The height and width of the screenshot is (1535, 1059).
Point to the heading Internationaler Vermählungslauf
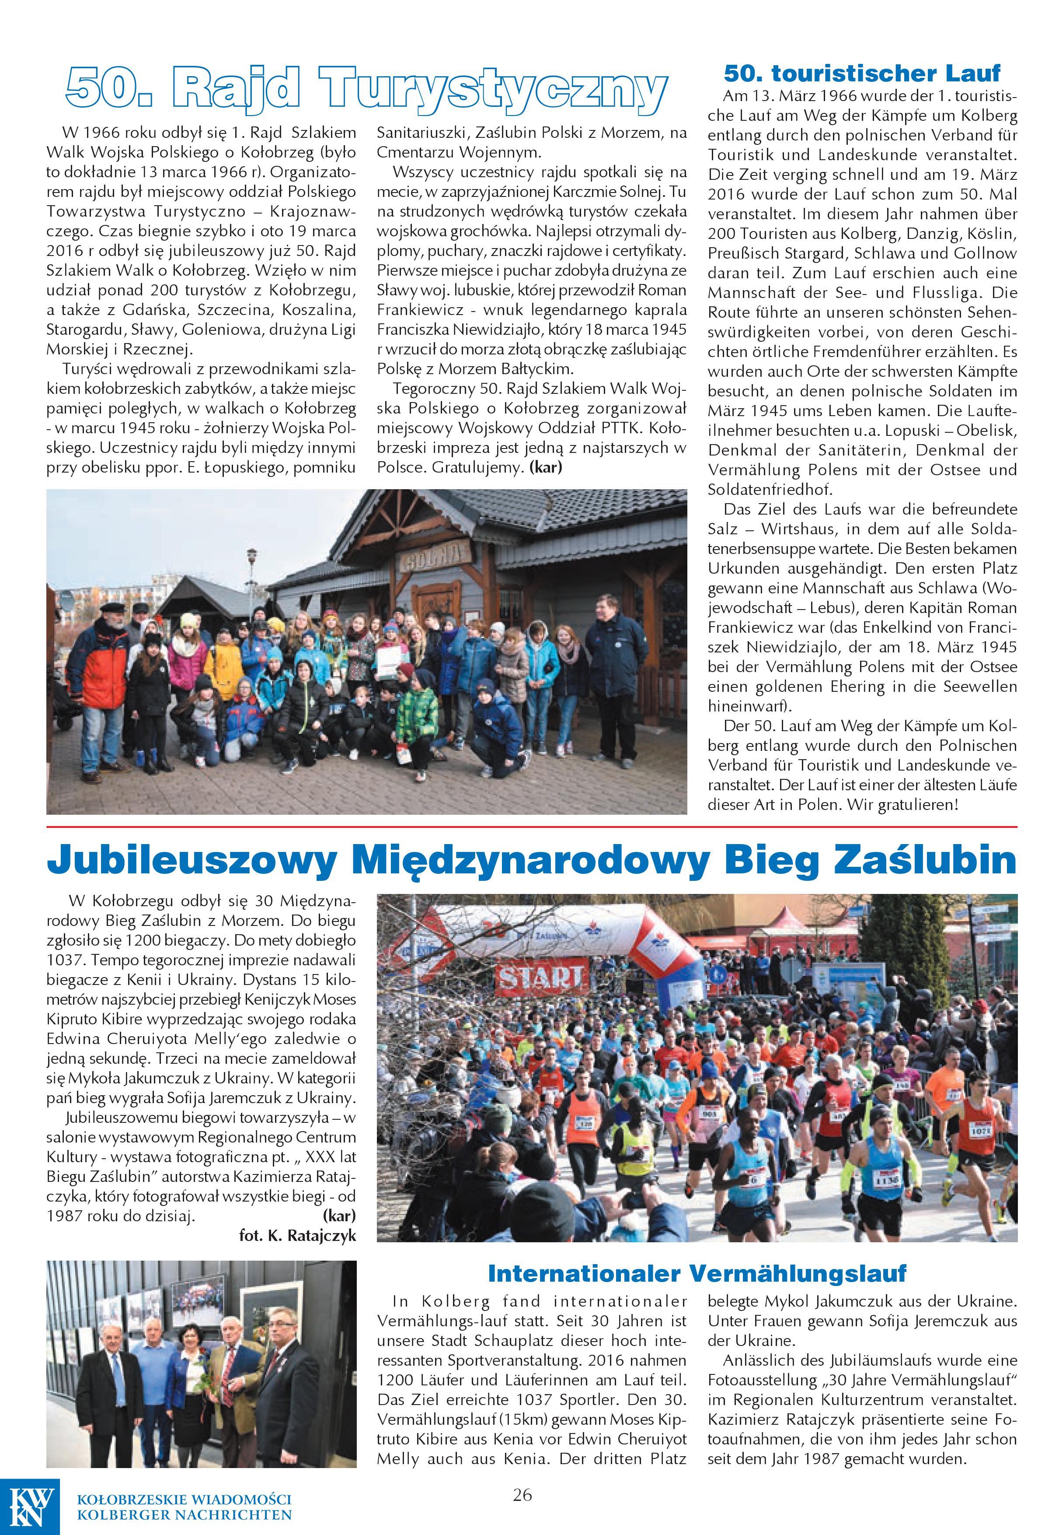point(696,1273)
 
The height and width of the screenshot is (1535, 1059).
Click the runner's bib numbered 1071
point(979,1130)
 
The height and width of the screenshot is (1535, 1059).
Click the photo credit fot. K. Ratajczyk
point(297,1236)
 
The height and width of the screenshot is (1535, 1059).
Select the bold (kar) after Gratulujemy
point(545,467)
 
